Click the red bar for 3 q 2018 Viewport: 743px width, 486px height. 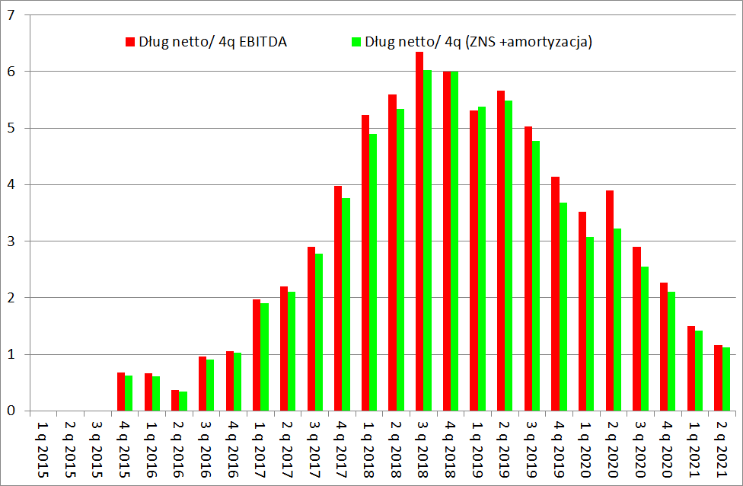419,232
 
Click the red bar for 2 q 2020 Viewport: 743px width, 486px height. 610,301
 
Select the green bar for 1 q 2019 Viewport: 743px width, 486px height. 481,259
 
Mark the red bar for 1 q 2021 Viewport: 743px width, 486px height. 691,369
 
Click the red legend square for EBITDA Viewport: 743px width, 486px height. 130,42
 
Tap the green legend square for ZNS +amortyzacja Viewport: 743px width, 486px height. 355,42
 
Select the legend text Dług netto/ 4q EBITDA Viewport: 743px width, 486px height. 212,42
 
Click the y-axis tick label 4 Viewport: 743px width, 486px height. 11,185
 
